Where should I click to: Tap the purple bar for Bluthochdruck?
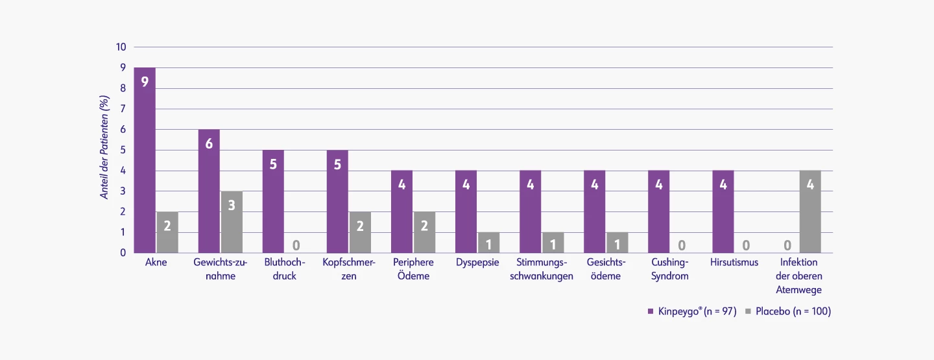coord(273,201)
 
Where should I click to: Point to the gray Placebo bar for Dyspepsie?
coord(488,243)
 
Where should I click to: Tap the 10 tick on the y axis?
coord(121,47)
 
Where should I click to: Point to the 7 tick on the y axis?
coord(123,109)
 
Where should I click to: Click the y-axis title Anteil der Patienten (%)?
coord(104,147)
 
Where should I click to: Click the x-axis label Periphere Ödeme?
coord(413,269)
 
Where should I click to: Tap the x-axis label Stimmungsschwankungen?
coord(545,269)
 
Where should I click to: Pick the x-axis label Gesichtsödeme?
coord(606,269)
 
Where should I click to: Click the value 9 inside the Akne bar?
coord(145,82)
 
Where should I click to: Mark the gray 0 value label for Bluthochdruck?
coord(296,245)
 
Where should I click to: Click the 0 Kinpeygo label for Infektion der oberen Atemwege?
coord(787,245)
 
